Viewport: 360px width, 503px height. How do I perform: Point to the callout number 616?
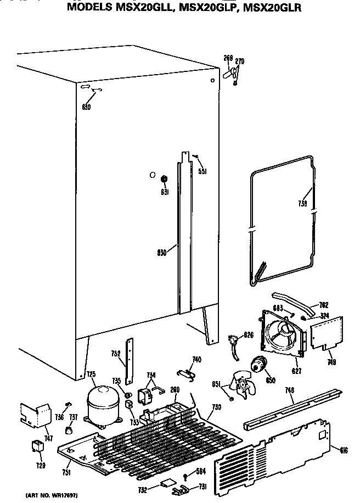click(x=344, y=450)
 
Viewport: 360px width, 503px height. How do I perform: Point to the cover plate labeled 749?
click(x=328, y=333)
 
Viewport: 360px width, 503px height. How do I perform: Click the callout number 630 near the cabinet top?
click(x=86, y=107)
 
